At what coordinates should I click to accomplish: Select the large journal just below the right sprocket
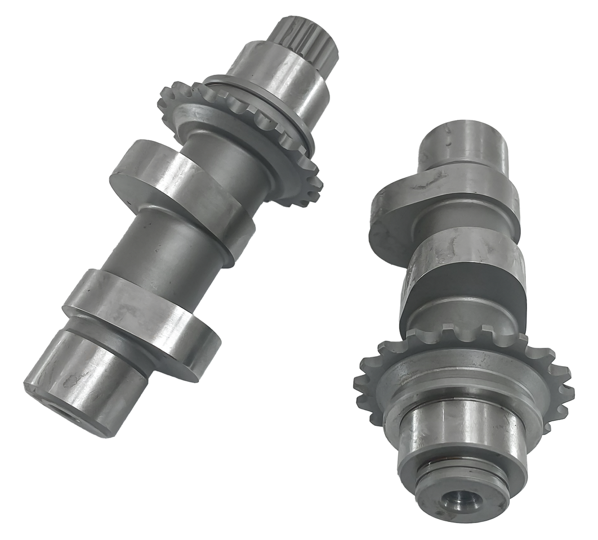pos(462,427)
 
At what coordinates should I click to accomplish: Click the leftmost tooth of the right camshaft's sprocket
pos(360,388)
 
